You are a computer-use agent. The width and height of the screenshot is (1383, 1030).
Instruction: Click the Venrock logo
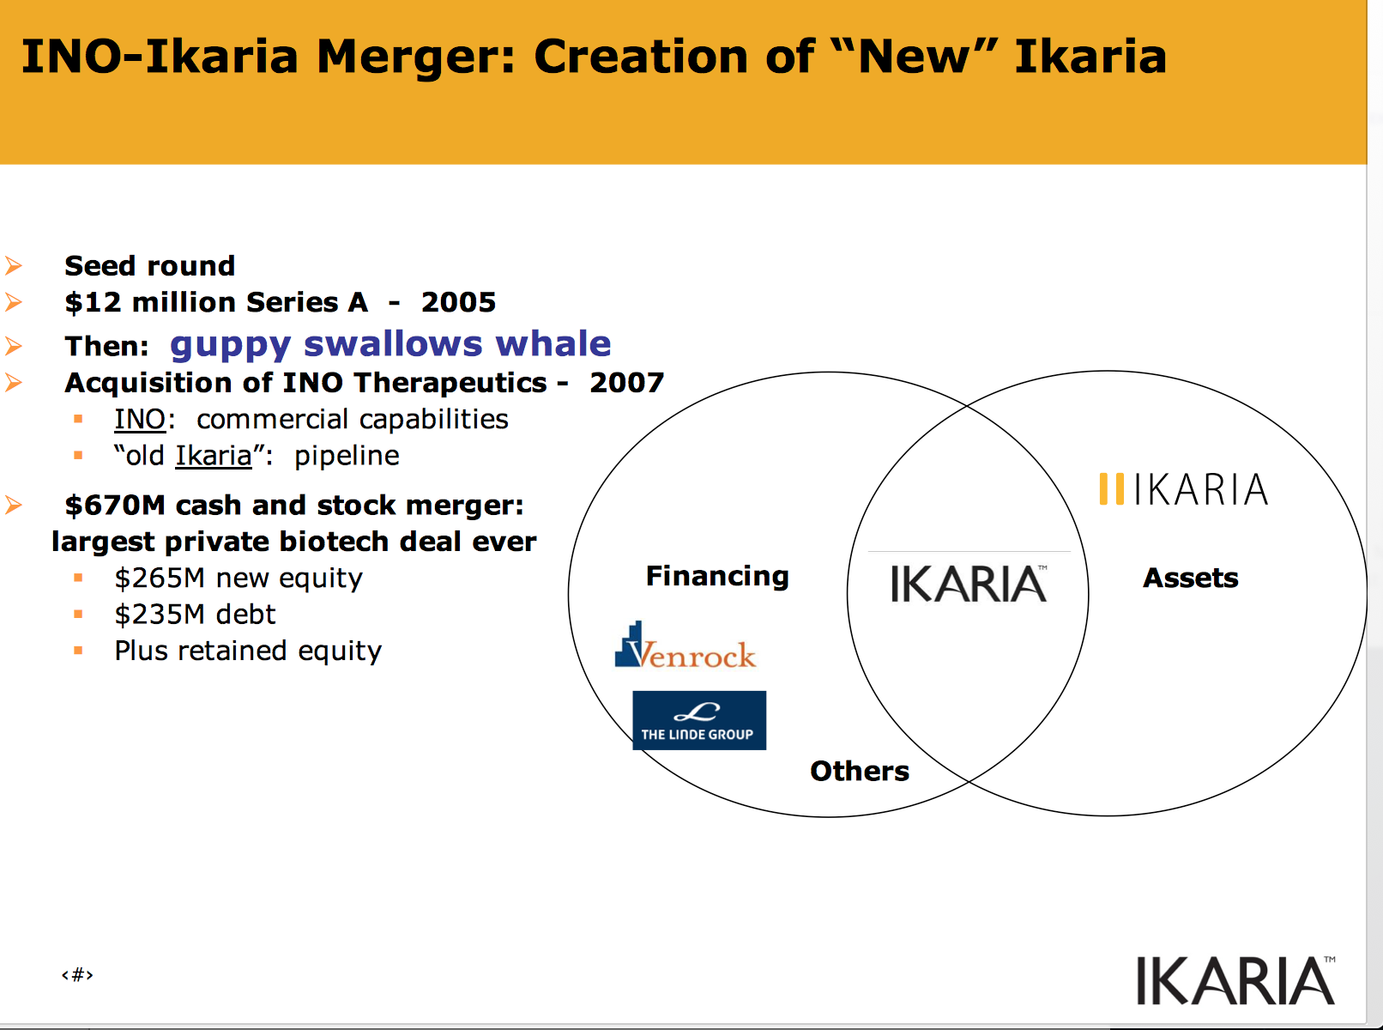pyautogui.click(x=685, y=645)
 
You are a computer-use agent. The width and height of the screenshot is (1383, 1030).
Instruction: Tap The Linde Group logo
pyautogui.click(x=699, y=720)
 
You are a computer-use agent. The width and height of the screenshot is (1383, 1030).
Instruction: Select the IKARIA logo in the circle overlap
pyautogui.click(x=969, y=584)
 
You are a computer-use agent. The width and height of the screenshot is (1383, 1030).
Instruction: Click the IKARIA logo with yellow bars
pyautogui.click(x=1183, y=488)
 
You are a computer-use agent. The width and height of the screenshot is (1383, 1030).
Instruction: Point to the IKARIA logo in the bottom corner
pyautogui.click(x=1235, y=980)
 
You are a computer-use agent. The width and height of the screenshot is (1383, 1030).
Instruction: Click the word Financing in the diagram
pyautogui.click(x=717, y=576)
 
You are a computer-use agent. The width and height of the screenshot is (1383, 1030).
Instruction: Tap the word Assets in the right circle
pyautogui.click(x=1190, y=578)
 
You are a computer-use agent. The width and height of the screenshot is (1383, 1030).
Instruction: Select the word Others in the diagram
pyautogui.click(x=860, y=771)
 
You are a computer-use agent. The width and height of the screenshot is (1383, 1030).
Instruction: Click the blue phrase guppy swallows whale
pyautogui.click(x=390, y=343)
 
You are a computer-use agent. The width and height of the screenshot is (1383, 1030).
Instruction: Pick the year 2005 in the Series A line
pyautogui.click(x=458, y=303)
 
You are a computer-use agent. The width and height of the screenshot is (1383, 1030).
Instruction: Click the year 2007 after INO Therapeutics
pyautogui.click(x=626, y=383)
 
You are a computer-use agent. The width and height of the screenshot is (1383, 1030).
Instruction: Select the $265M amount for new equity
pyautogui.click(x=160, y=578)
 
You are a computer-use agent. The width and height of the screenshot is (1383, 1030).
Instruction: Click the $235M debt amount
pyautogui.click(x=160, y=615)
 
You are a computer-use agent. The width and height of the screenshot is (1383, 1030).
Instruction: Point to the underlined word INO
pyautogui.click(x=140, y=419)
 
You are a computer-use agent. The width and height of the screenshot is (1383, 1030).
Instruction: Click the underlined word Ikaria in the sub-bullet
pyautogui.click(x=214, y=456)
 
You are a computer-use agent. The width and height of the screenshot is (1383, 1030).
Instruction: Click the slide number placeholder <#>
pyautogui.click(x=77, y=974)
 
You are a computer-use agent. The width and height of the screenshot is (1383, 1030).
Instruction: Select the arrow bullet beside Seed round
pyautogui.click(x=14, y=266)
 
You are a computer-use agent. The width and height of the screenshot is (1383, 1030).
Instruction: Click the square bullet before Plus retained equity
pyautogui.click(x=78, y=651)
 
